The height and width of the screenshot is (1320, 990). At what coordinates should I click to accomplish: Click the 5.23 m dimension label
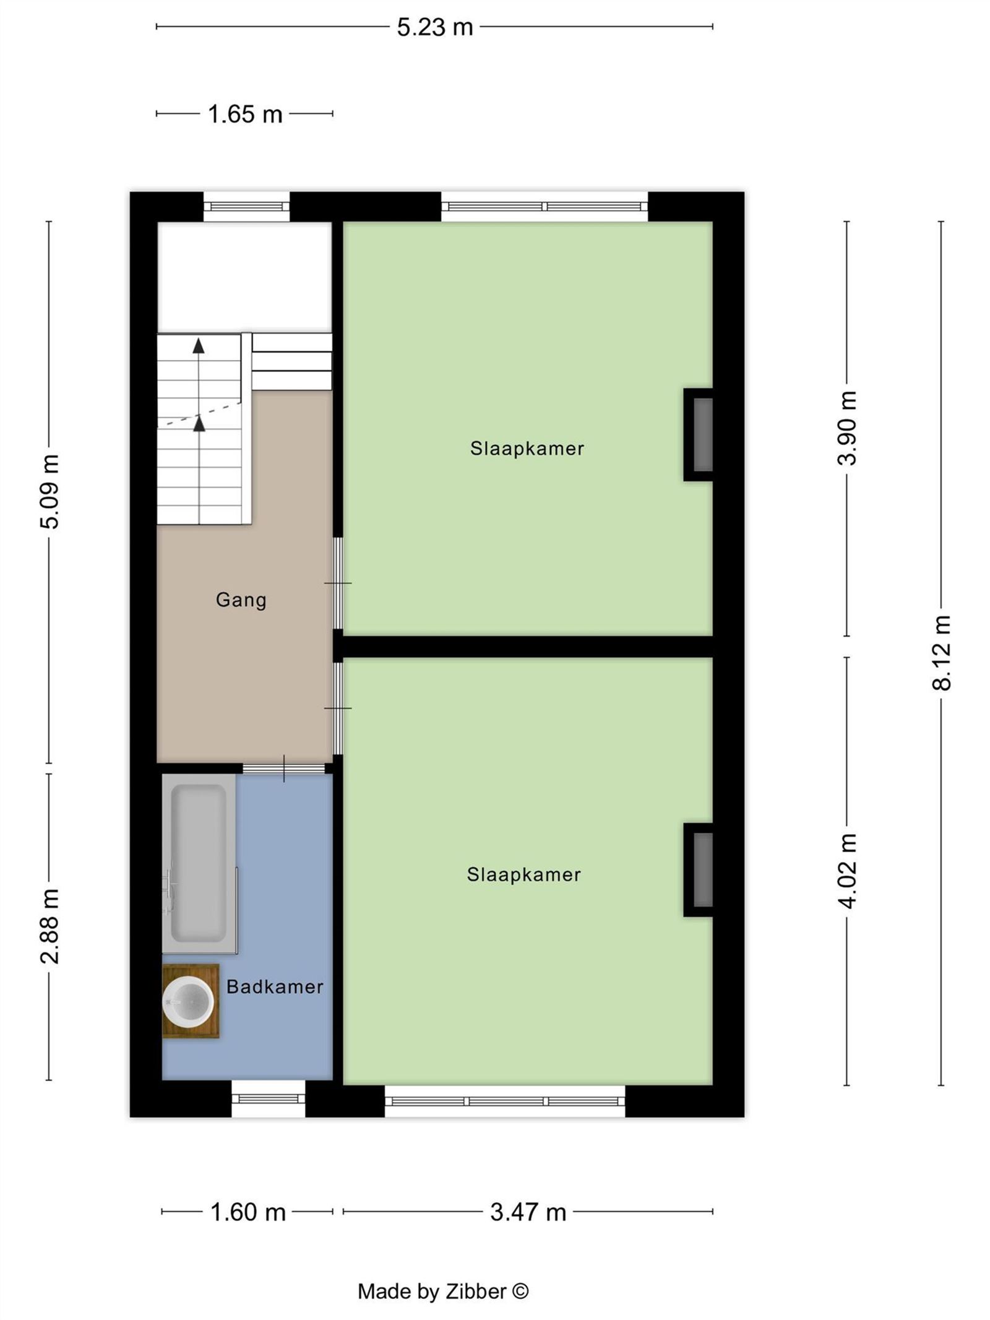coord(434,27)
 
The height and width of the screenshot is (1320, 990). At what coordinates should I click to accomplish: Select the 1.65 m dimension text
coord(245,114)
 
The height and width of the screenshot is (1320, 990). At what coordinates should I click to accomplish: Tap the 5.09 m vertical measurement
coord(50,491)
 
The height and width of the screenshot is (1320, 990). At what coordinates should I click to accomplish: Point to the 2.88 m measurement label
coord(50,926)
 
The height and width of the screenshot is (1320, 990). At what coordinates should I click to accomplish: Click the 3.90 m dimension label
coord(847,428)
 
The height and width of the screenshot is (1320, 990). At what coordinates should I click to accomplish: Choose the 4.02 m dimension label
coord(847,871)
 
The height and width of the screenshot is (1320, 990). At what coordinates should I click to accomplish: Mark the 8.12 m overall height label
coord(941,653)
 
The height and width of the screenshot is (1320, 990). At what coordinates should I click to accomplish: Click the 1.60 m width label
coord(247,1212)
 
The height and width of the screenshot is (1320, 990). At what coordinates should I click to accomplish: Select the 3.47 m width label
coord(528,1212)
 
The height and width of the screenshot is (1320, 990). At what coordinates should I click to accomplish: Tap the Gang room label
coord(241,600)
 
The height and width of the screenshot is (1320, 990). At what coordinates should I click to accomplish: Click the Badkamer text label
coord(275,986)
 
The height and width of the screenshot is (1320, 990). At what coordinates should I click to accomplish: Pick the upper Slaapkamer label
coord(527,449)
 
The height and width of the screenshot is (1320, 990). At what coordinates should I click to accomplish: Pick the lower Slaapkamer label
coord(523,874)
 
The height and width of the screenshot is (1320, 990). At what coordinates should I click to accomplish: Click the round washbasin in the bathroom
coord(188,1001)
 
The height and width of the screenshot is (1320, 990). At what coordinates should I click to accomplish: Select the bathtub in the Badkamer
coord(199,863)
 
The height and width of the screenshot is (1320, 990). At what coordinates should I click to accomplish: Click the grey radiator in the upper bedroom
coord(702,435)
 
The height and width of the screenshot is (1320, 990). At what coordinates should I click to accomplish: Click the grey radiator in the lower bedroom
coord(702,869)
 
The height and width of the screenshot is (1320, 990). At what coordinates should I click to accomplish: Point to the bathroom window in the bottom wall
coord(268,1099)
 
